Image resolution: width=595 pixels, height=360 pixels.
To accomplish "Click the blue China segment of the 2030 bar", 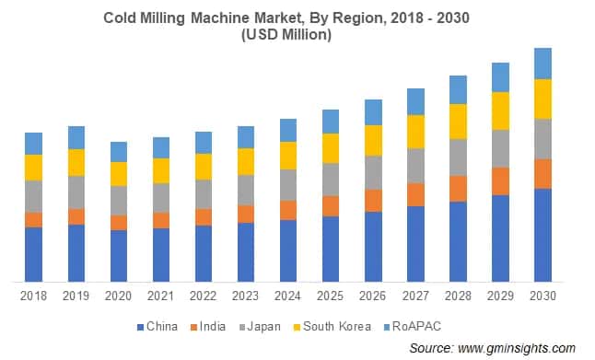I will click(x=542, y=235).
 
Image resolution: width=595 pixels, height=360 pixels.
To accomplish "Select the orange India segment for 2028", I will click(x=458, y=188).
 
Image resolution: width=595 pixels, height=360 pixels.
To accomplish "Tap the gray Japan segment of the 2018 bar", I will click(x=33, y=196).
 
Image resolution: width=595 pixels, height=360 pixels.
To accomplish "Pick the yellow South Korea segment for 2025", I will click(x=331, y=148).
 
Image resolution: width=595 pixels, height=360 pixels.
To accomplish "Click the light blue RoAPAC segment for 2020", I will click(x=118, y=152).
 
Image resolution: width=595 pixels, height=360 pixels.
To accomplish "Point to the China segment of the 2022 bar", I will click(x=203, y=253).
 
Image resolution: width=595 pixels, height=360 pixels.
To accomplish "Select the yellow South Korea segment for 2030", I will click(x=542, y=99).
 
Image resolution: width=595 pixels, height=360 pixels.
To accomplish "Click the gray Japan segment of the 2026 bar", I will click(x=373, y=172).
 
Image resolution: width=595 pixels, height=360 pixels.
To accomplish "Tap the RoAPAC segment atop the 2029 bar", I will click(x=500, y=77).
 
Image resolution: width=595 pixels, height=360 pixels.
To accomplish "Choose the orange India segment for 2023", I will click(x=245, y=214).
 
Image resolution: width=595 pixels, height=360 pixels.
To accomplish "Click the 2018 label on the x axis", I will click(x=33, y=296).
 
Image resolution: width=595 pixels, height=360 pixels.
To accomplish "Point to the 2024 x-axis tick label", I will click(x=288, y=296).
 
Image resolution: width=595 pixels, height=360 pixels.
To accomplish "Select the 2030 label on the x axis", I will click(x=542, y=296).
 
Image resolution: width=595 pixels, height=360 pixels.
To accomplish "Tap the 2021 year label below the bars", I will click(x=160, y=296).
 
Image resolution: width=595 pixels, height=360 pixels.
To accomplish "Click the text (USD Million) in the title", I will click(x=297, y=34).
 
